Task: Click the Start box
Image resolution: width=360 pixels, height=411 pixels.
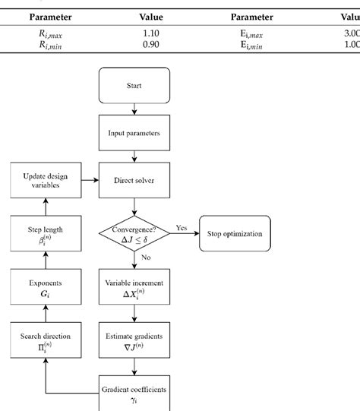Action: [134, 85]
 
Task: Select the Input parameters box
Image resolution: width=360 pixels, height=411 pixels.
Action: [134, 134]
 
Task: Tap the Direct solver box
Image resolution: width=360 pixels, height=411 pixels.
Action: [134, 181]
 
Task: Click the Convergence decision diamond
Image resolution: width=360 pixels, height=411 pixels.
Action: [134, 234]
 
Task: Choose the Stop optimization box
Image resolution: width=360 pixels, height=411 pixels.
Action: [235, 234]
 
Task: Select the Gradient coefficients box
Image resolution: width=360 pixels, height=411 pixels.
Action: [134, 394]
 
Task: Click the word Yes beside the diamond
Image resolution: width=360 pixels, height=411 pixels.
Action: [182, 227]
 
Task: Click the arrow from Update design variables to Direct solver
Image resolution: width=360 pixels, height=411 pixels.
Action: [87, 181]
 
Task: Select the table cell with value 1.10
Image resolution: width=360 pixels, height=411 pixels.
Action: [151, 33]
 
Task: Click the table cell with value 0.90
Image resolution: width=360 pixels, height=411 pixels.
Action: [151, 45]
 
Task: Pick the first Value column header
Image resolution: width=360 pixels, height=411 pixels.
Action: [151, 17]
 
